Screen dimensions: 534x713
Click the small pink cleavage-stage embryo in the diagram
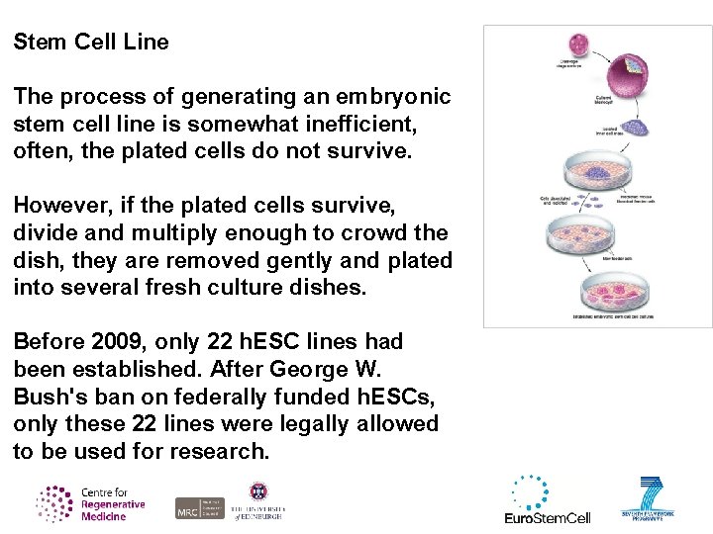coord(575,44)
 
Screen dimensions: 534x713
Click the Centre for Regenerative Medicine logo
coord(91,503)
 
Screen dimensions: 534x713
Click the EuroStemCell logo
coord(547,500)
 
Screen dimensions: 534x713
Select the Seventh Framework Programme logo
coord(650,499)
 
